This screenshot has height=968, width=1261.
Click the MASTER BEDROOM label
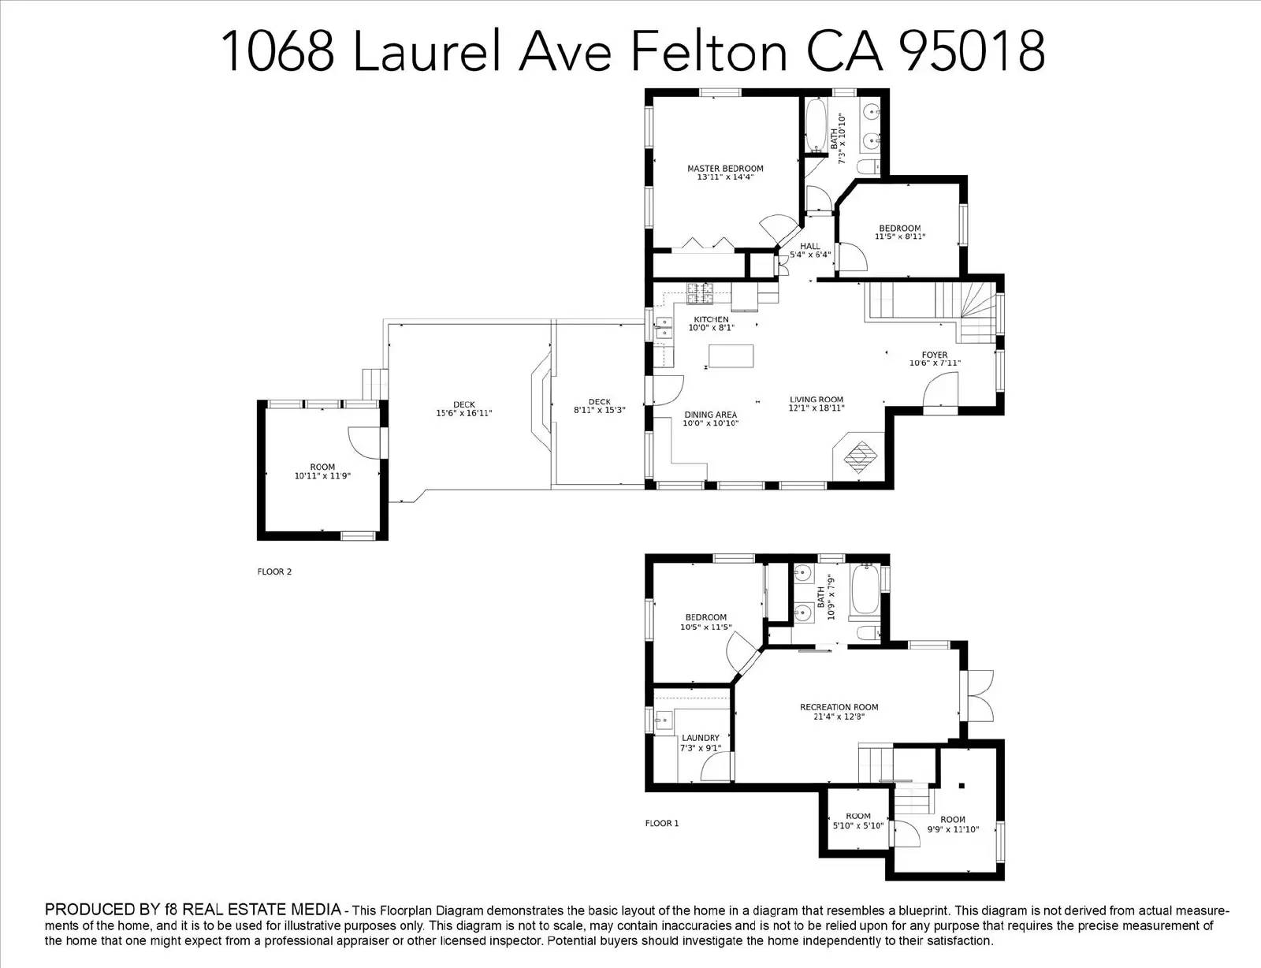(x=725, y=169)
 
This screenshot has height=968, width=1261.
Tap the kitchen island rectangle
(x=731, y=356)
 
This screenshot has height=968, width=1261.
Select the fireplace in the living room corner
(x=859, y=456)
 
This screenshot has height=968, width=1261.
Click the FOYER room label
(x=934, y=355)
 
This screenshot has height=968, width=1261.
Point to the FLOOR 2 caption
(x=274, y=571)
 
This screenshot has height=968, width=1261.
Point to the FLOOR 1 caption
(x=661, y=823)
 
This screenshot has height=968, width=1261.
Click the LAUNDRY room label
(x=701, y=738)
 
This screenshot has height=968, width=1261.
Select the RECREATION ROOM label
(x=839, y=707)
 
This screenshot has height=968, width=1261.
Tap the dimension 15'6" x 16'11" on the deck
(x=464, y=413)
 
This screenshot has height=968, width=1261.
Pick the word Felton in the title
(x=709, y=51)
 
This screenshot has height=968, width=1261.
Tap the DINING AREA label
(x=710, y=415)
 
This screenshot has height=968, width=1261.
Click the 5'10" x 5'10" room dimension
(x=857, y=825)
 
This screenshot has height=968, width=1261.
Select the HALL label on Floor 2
(x=809, y=246)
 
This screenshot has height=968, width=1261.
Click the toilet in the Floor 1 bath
(x=869, y=632)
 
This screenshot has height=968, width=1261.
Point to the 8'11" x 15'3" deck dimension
(x=600, y=410)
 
